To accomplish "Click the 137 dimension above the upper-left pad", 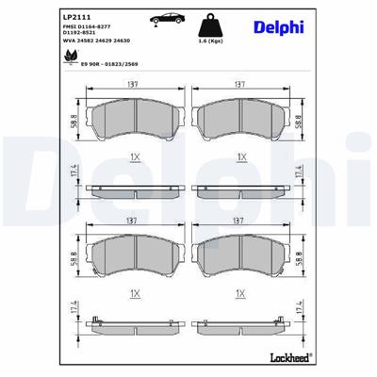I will (x=136, y=84).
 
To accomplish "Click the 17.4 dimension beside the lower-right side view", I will (x=301, y=316).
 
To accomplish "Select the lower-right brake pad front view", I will (x=240, y=254).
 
